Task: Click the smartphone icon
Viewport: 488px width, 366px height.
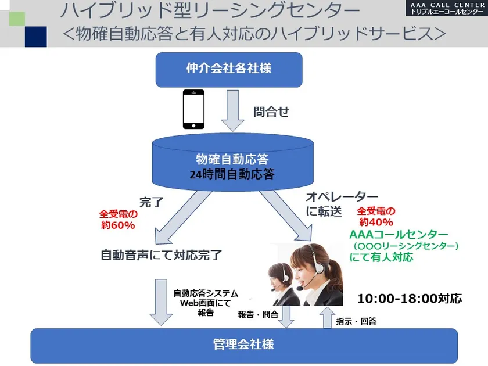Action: pyautogui.click(x=193, y=109)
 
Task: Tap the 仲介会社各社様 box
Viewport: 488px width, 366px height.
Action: pyautogui.click(x=229, y=70)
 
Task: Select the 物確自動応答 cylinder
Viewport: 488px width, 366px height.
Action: pyautogui.click(x=232, y=162)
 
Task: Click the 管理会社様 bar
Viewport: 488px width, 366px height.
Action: pyautogui.click(x=244, y=346)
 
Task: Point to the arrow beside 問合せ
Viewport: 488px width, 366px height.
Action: pyautogui.click(x=232, y=110)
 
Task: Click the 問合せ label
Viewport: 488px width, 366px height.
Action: pyautogui.click(x=271, y=112)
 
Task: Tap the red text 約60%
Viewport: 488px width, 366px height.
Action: pyautogui.click(x=118, y=225)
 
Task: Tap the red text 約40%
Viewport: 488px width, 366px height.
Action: pyautogui.click(x=376, y=222)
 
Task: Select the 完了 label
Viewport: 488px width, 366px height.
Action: pyautogui.click(x=151, y=202)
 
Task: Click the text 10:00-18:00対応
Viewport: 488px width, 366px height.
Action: pyautogui.click(x=410, y=299)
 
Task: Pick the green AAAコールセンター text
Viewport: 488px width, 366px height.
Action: pyautogui.click(x=399, y=234)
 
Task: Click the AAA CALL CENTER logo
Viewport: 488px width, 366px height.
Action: pyautogui.click(x=447, y=8)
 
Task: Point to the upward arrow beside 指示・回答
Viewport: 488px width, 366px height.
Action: pyautogui.click(x=327, y=317)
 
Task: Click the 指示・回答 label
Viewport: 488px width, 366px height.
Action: pyautogui.click(x=356, y=321)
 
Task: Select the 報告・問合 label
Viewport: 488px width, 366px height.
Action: pyautogui.click(x=258, y=315)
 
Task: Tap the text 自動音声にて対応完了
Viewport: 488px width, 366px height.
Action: pyautogui.click(x=162, y=255)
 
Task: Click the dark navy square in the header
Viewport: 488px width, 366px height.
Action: pyautogui.click(x=36, y=37)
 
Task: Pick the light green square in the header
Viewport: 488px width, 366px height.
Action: pyautogui.click(x=17, y=19)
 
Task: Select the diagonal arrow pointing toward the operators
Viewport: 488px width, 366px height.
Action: pyautogui.click(x=286, y=216)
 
